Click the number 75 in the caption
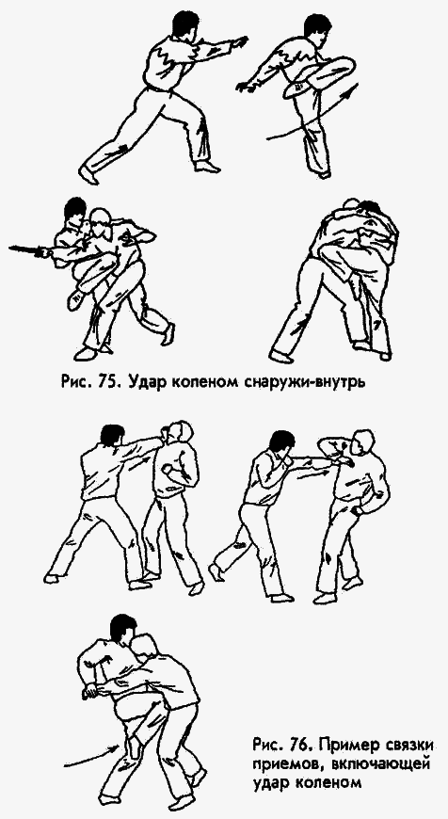(x=143, y=383)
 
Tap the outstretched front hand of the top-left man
(x=243, y=41)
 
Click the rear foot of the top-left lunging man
(x=90, y=174)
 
